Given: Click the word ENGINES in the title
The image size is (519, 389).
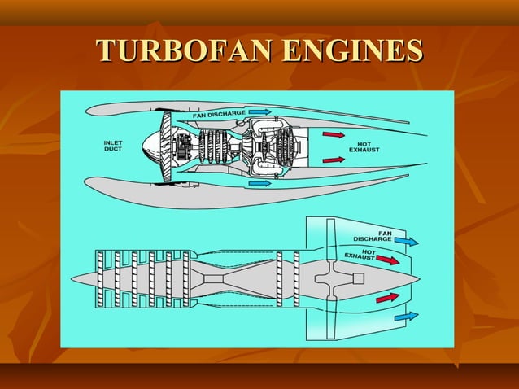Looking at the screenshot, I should tap(351, 50).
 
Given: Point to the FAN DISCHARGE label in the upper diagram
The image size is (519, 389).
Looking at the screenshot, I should tap(219, 113).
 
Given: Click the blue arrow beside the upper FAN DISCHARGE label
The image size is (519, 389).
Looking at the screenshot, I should tap(259, 111).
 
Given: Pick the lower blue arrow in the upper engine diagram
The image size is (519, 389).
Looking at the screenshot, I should tap(259, 184).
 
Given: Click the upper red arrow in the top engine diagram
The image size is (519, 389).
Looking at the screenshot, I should tap(334, 134).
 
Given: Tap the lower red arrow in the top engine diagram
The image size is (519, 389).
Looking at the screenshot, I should tap(334, 160).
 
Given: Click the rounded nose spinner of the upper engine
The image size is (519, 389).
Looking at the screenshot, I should tap(151, 147).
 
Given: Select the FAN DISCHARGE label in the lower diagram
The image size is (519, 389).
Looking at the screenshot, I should tap(373, 235).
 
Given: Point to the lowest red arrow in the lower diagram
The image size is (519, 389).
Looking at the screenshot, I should tap(387, 297).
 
